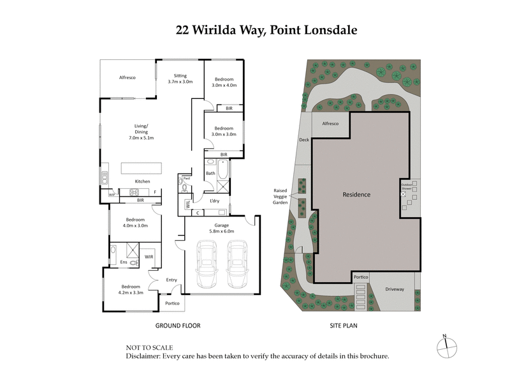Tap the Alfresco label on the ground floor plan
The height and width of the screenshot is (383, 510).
(x=128, y=77)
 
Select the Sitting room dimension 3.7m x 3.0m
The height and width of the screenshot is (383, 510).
(x=180, y=82)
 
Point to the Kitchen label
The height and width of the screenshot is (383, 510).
(x=142, y=181)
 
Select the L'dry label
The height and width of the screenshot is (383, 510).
(x=214, y=200)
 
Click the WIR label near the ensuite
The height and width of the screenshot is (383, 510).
(x=149, y=257)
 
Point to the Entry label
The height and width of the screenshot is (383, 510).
(x=171, y=280)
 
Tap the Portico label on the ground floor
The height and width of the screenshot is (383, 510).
(x=172, y=304)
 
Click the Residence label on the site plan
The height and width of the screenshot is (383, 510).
(x=356, y=195)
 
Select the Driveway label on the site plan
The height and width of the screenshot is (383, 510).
(x=395, y=289)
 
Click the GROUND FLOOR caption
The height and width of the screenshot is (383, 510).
(x=178, y=326)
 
